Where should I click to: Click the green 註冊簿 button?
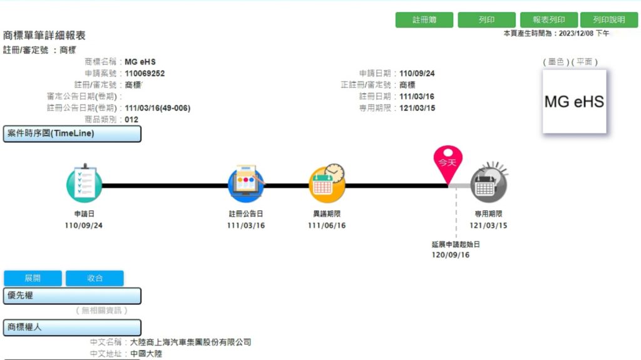tap(424, 19)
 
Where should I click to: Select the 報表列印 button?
tap(548, 19)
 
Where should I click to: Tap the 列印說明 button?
tap(608, 19)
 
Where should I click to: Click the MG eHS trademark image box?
tap(575, 101)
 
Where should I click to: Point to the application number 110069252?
tap(145, 74)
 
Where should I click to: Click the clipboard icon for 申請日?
tap(85, 183)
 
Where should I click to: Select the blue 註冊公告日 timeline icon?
tap(245, 183)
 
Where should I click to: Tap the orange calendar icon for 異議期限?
tap(327, 183)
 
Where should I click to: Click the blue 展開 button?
tap(33, 278)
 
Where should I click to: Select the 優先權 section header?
tap(72, 296)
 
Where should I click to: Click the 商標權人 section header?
tap(72, 327)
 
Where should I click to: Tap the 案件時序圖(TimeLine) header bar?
tap(72, 134)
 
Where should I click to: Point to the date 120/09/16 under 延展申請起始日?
tap(451, 255)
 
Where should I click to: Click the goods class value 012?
tap(131, 120)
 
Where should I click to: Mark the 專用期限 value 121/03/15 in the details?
tap(417, 108)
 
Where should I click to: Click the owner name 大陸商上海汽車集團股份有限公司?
tap(190, 342)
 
